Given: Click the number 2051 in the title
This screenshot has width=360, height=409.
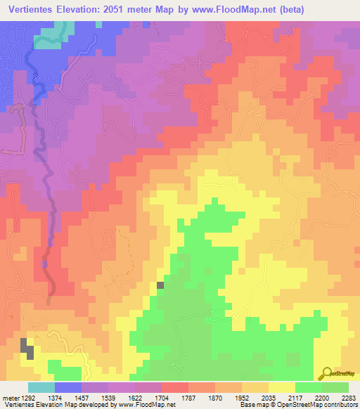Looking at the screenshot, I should [134, 11].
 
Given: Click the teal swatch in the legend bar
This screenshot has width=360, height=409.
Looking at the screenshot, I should [41, 388].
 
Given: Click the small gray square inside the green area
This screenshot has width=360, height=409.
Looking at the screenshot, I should [161, 285].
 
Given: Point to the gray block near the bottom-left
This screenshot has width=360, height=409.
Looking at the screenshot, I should [27, 348].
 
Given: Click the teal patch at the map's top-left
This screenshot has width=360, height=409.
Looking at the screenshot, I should [53, 37].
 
